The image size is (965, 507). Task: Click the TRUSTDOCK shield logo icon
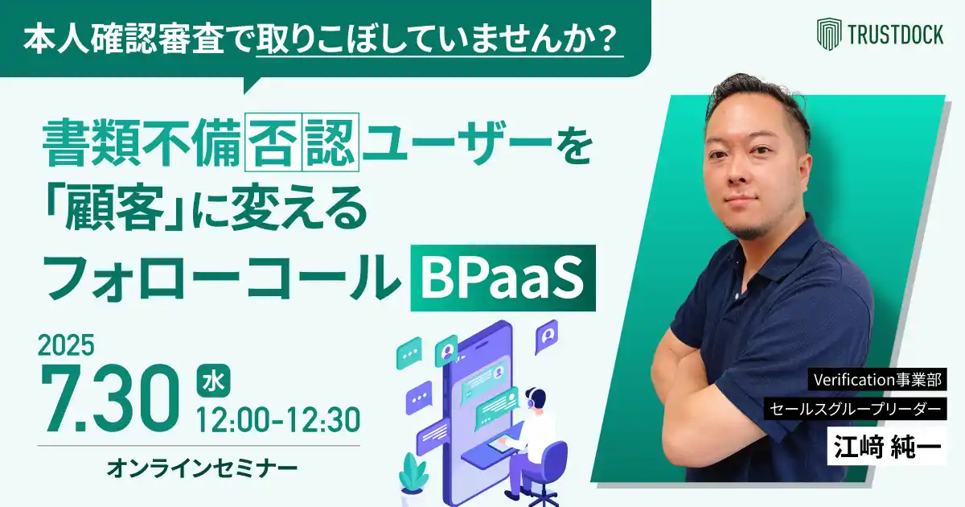829,34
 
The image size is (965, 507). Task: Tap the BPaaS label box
503,278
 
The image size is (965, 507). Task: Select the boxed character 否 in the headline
273,142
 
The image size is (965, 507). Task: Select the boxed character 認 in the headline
331,142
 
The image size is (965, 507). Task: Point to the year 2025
66,345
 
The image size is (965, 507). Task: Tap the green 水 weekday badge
213,381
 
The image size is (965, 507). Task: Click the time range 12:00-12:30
278,419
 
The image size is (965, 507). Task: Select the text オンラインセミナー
202,468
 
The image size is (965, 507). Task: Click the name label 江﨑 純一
887,446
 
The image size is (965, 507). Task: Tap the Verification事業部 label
877,379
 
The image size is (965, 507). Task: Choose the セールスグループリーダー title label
855,409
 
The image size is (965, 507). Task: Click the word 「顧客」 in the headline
117,209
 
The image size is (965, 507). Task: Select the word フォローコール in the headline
221,278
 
